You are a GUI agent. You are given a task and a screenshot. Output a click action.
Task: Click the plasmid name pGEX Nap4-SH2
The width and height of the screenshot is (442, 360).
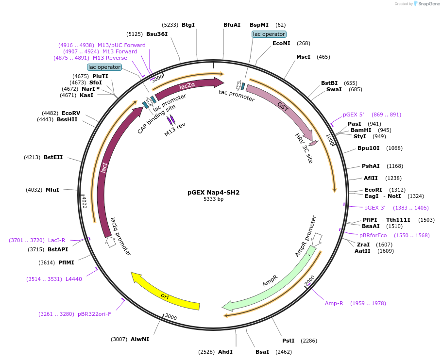[214, 192]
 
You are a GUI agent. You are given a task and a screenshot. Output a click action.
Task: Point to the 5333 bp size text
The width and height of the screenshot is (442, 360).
[214, 199]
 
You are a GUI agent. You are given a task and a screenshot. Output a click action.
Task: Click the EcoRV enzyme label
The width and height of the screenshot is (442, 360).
[71, 113]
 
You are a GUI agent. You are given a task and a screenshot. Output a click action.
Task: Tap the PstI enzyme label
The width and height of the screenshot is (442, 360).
[289, 341]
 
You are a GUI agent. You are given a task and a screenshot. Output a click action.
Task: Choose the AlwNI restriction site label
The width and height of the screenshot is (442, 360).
[140, 339]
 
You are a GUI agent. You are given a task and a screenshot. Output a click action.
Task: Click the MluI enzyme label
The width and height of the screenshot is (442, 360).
[52, 190]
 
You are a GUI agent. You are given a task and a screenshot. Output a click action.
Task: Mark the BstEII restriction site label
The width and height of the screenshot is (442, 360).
[53, 157]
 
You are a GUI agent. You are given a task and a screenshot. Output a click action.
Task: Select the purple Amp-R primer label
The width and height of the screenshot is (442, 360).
[334, 303]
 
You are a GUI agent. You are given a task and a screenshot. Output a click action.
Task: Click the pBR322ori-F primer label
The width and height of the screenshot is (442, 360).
[94, 314]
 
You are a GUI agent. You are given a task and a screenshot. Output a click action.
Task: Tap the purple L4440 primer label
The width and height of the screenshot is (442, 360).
[74, 279]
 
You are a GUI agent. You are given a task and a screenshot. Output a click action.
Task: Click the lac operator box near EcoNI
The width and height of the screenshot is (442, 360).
[269, 34]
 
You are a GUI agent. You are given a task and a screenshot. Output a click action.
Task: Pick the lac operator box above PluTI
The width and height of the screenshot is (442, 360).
[104, 67]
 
